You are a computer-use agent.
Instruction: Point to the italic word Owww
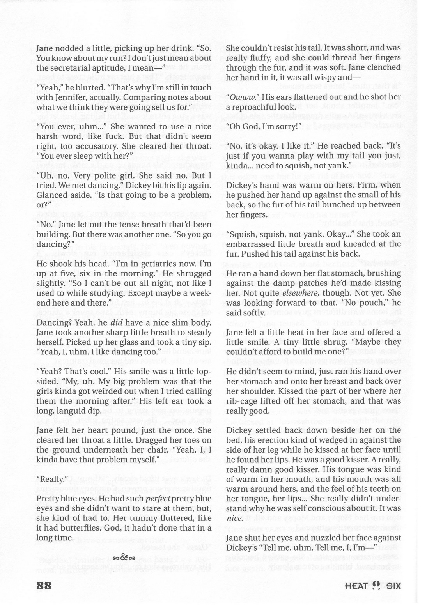pos(240,97)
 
